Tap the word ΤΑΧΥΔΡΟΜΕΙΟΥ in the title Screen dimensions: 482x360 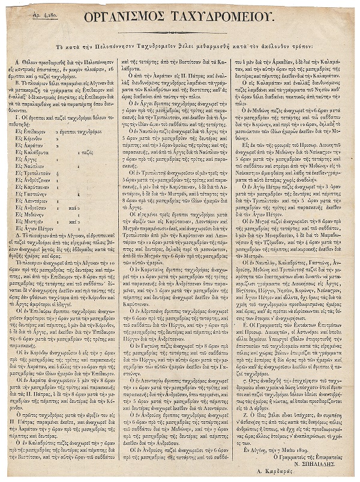[x=227, y=17]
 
